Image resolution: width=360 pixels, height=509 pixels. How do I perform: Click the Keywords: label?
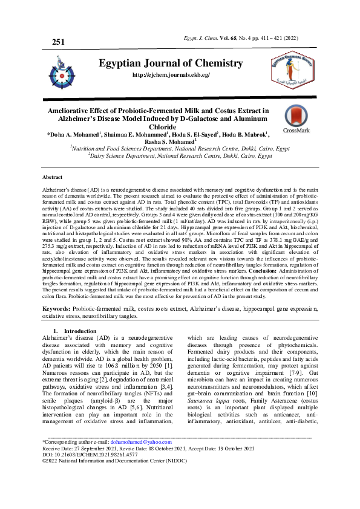(x=57, y=308)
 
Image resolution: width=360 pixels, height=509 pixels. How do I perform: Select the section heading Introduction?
(x=76, y=331)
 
